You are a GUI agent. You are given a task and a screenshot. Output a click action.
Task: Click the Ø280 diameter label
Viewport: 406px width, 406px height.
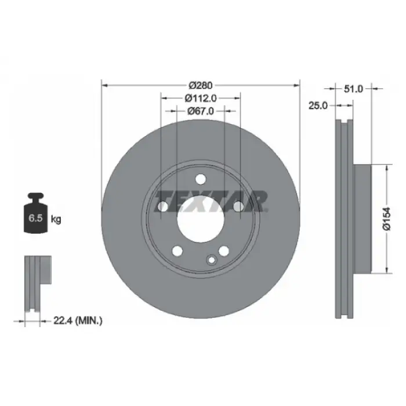coord(201,85)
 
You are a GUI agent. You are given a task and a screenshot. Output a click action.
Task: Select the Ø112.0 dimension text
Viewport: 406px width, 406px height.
coord(201,98)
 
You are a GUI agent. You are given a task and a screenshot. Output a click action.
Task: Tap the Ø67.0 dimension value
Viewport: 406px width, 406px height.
coord(201,111)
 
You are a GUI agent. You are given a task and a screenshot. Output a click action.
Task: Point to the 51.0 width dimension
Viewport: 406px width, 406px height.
coord(353,89)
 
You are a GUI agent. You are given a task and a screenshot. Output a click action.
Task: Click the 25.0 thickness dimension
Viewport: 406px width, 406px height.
coord(318,106)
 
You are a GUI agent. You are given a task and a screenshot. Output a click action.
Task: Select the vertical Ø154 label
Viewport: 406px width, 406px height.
coord(387,219)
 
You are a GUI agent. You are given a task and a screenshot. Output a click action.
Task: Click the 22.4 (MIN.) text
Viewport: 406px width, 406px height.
coord(78,321)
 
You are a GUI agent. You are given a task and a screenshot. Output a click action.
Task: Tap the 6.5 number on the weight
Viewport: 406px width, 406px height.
coord(35,218)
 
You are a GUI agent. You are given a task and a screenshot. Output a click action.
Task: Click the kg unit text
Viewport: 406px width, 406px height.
coord(56,219)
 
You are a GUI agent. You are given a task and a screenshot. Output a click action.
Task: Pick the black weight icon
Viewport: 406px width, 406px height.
coord(36,213)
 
